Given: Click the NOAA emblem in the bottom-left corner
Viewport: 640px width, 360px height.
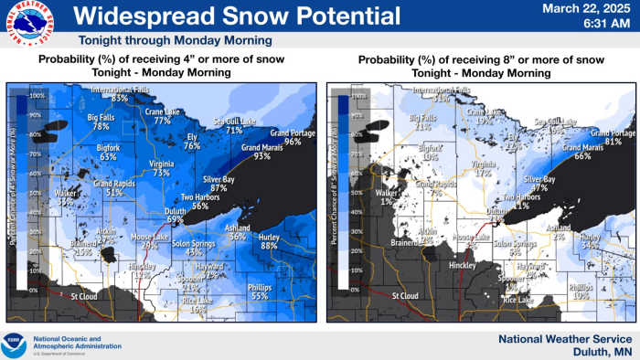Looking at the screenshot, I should click(15, 344).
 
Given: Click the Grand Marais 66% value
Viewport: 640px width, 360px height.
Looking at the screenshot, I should click(581, 156).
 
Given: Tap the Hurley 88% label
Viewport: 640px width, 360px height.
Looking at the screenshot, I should click(269, 246).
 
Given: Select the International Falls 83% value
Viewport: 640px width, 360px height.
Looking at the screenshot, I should click(120, 97).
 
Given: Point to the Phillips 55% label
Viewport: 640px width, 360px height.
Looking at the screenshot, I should click(259, 296).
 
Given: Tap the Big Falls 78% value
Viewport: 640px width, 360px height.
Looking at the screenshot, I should click(101, 127).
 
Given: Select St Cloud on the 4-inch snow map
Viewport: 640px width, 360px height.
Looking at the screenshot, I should click(84, 296).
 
